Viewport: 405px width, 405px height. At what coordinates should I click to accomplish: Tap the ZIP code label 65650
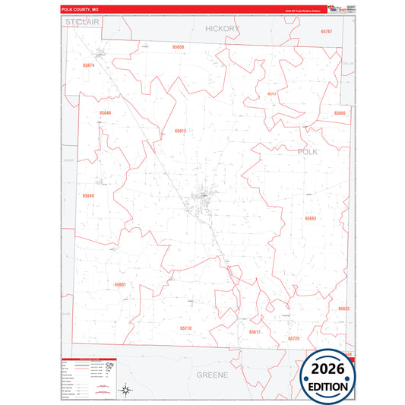[x=179, y=47]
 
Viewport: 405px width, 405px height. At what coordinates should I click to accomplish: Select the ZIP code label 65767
[x=327, y=31]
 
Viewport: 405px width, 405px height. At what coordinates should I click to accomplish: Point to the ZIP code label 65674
[x=89, y=66]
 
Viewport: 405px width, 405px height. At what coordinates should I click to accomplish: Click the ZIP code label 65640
[x=105, y=113]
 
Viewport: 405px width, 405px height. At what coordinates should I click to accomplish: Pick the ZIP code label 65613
[x=180, y=131]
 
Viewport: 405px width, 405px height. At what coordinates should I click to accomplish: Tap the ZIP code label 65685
[x=340, y=113]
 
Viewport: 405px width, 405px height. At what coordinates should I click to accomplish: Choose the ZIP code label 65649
[x=89, y=196]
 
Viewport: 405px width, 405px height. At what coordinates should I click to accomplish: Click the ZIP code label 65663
[x=310, y=218]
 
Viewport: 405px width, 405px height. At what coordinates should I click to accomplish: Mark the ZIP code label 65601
[x=120, y=284]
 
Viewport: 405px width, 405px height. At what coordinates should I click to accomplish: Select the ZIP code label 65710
[x=186, y=327]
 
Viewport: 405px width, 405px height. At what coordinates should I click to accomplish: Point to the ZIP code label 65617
[x=255, y=332]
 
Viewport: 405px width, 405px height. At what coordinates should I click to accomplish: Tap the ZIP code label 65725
[x=294, y=338]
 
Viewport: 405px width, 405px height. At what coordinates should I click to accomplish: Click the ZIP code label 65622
[x=343, y=308]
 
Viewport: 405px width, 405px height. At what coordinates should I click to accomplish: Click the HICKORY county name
[x=223, y=28]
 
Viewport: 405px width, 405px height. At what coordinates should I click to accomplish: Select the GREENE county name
[x=212, y=375]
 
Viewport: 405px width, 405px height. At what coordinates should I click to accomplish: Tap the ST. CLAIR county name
[x=83, y=23]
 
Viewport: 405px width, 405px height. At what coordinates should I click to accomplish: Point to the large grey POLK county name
[x=308, y=152]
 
